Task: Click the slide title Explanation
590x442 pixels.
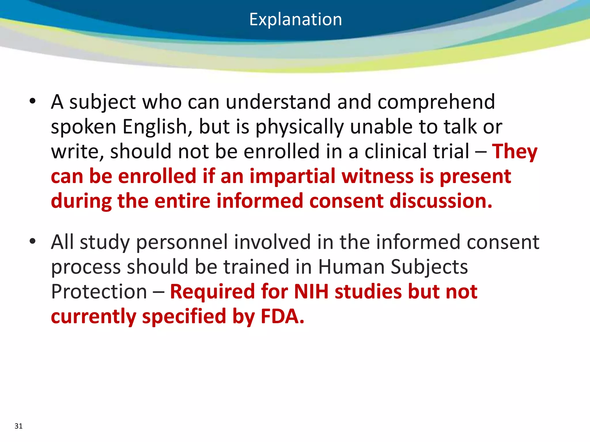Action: point(296,20)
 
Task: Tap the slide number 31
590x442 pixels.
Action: point(18,426)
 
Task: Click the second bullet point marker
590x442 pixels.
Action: point(33,241)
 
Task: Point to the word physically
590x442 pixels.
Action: point(300,127)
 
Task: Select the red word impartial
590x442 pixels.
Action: point(292,176)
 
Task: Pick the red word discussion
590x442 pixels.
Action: point(441,201)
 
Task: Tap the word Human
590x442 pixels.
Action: point(351,267)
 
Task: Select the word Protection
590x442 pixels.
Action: point(99,292)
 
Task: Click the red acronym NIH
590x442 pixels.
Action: point(311,292)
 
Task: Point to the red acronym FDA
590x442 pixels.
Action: point(282,317)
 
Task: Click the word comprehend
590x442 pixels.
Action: point(436,102)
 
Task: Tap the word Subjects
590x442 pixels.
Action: point(429,267)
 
